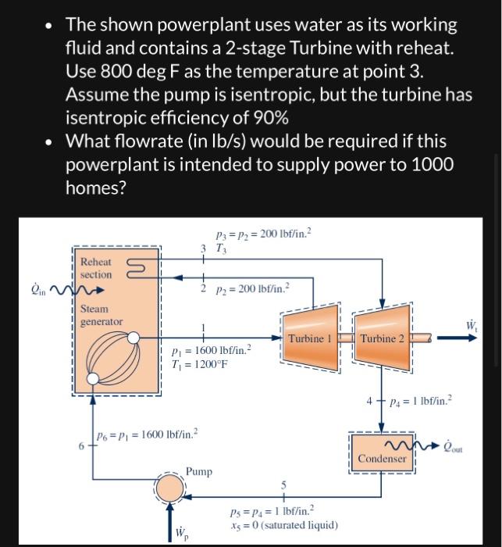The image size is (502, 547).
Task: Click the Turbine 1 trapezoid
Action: [310, 338]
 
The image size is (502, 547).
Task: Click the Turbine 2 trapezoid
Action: [382, 338]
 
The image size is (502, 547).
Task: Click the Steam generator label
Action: [101, 315]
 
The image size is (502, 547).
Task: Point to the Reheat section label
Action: [96, 268]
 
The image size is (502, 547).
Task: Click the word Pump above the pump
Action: [199, 471]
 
